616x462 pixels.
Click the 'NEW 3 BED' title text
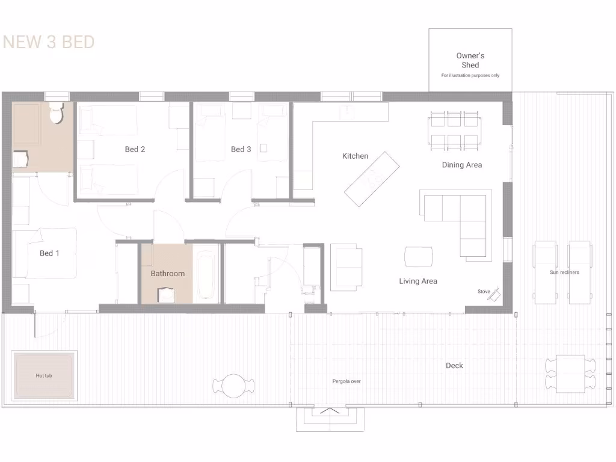click(x=49, y=42)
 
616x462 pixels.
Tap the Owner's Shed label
click(x=470, y=60)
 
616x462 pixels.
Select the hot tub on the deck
click(x=45, y=375)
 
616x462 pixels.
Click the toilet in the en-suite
click(x=57, y=112)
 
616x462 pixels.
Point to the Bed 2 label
click(x=135, y=149)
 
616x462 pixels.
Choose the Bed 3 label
click(x=241, y=149)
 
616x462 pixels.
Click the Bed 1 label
click(x=49, y=253)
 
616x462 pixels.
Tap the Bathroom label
click(x=167, y=274)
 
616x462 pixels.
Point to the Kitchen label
click(x=355, y=156)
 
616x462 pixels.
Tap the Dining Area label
click(x=461, y=165)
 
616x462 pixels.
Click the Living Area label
click(x=418, y=281)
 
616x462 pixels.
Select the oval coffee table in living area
click(x=419, y=256)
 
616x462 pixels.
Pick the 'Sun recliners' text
click(x=564, y=273)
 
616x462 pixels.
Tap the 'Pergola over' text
click(x=346, y=381)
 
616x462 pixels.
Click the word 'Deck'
click(x=454, y=366)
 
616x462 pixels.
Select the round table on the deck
click(x=234, y=385)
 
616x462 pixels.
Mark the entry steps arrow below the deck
click(x=329, y=412)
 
